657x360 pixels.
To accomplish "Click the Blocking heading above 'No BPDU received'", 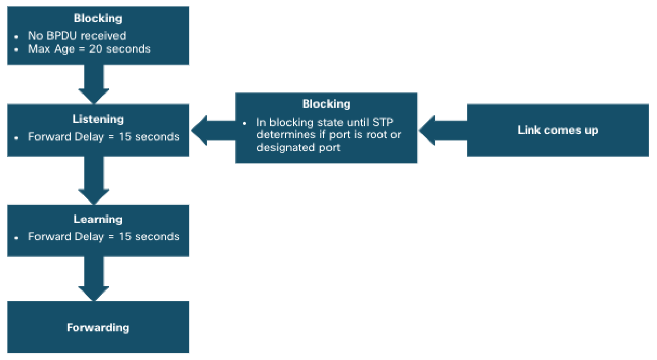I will tap(98, 18).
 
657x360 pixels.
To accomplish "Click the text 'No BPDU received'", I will tap(77, 36).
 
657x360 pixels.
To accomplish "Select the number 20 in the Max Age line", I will tap(96, 49).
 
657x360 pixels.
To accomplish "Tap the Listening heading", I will tap(98, 119).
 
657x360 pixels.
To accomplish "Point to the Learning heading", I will tap(98, 219).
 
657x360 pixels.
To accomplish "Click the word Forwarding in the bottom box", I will tap(98, 328).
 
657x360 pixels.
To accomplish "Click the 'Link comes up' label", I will tap(557, 130).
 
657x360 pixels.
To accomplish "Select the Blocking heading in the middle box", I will tap(326, 104).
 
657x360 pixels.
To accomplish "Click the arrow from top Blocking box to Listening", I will tap(94, 85).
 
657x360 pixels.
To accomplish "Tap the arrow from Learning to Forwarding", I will tap(94, 279).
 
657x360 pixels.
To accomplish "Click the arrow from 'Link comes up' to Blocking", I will tap(443, 130).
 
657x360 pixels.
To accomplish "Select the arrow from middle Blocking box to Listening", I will tap(213, 130).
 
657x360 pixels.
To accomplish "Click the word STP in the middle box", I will tap(383, 122).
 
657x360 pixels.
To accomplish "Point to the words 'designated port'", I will tap(299, 148).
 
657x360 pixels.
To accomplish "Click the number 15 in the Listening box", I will tap(125, 137).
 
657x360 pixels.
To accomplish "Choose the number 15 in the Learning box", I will tap(125, 236).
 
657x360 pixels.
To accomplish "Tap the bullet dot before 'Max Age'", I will tap(16, 50).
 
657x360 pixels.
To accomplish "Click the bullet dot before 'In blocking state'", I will tap(245, 124).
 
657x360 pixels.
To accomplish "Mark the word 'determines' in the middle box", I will tap(286, 135).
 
